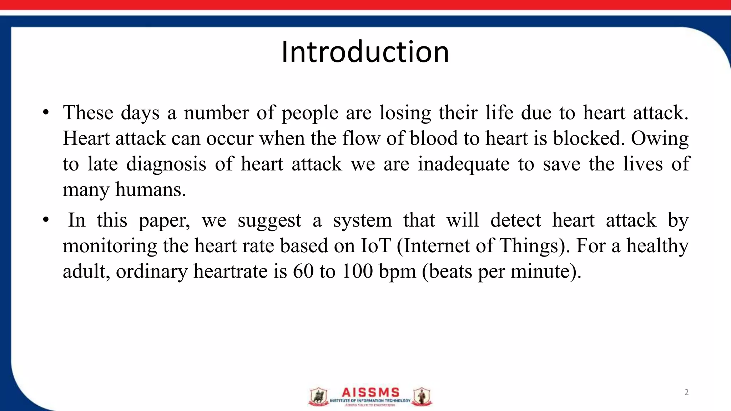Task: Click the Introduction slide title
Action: [x=365, y=52]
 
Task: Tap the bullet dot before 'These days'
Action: [x=45, y=113]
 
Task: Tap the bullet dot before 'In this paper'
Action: [x=45, y=220]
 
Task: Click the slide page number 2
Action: [x=686, y=392]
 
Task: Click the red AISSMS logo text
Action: [x=370, y=392]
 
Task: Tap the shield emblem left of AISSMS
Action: [x=318, y=397]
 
